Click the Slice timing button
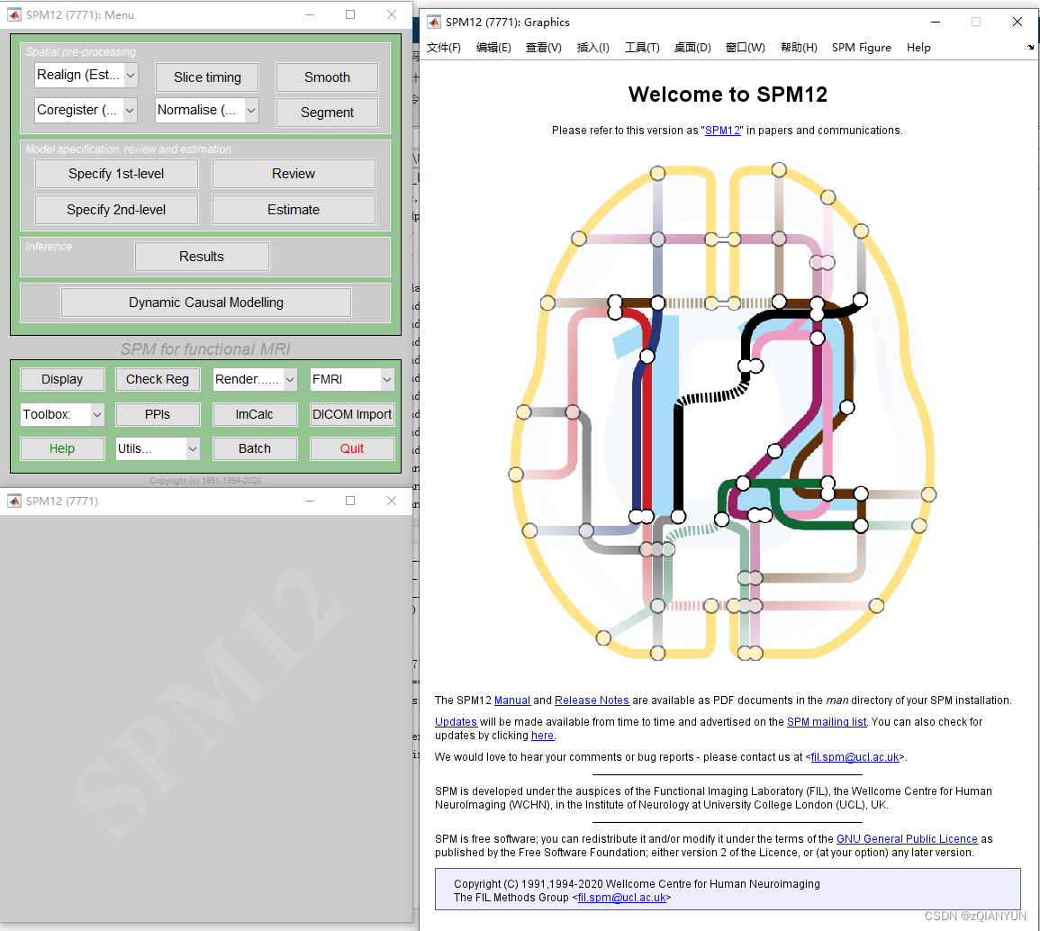pos(207,77)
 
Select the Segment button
pos(327,113)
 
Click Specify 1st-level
pos(116,174)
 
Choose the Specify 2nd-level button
pos(116,210)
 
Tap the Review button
pos(294,174)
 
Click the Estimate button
pos(294,210)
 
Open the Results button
pos(202,257)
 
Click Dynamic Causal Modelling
pos(206,303)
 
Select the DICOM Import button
pos(352,414)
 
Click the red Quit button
pos(352,448)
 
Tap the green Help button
pos(62,448)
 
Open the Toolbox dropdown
pos(62,414)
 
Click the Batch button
pos(255,448)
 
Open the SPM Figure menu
pos(861,48)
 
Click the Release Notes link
pos(592,701)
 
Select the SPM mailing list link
pos(827,722)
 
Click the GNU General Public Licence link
pos(907,839)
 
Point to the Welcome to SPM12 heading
pos(728,95)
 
